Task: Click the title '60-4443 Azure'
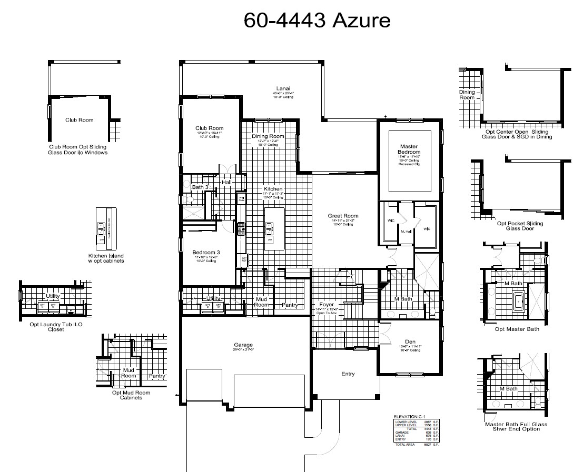317,20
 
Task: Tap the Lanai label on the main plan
283,88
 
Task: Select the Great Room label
343,216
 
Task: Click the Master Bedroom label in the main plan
409,149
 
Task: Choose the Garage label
243,345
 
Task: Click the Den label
410,341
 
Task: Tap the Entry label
348,374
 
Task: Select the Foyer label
327,305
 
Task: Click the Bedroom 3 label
206,253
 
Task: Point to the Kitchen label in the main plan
273,189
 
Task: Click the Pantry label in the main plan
290,305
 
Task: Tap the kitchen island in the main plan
273,229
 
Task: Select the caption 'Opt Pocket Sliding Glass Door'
520,226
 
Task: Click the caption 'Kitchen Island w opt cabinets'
106,258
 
